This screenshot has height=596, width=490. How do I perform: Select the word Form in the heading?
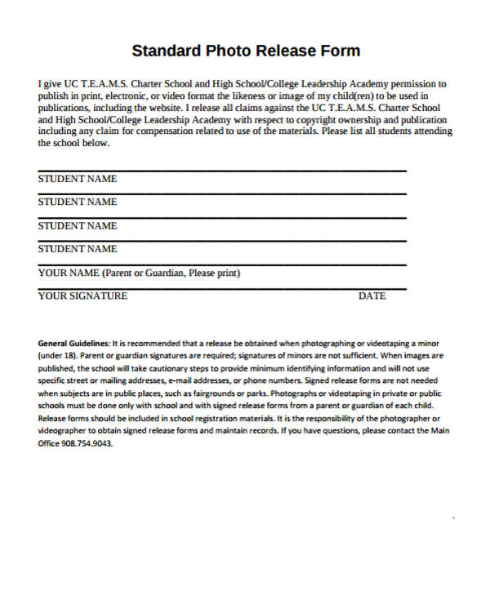click(342, 51)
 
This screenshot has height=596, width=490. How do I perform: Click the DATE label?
click(372, 296)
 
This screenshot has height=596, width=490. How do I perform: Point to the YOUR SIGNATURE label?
click(82, 296)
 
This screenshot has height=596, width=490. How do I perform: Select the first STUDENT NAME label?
click(78, 179)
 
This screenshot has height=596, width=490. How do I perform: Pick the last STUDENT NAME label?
click(78, 249)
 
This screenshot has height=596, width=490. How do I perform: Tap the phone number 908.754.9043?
click(86, 443)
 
